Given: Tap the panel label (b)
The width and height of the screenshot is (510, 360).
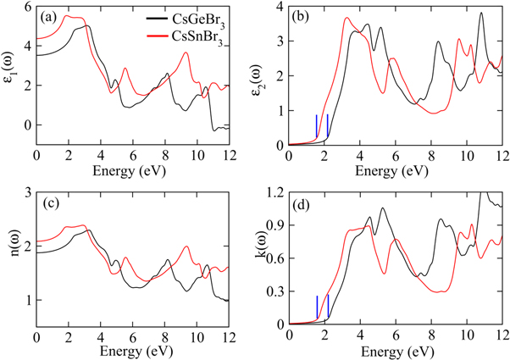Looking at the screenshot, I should click(x=303, y=16).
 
